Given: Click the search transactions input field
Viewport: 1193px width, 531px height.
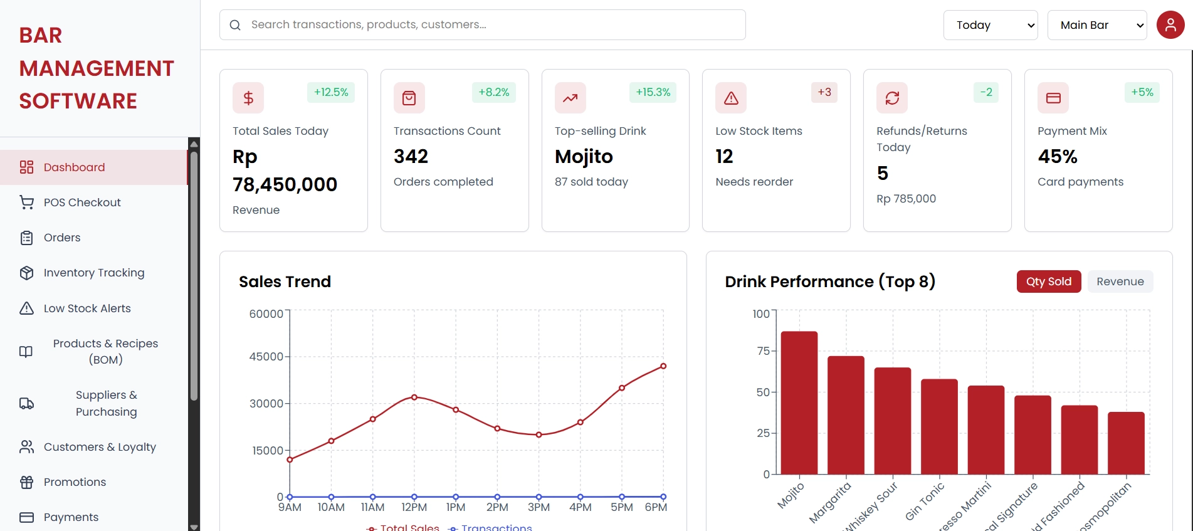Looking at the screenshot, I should (483, 25).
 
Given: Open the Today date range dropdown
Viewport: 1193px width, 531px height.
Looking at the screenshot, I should (990, 25).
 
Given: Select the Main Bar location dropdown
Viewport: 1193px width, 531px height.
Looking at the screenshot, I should (1096, 25).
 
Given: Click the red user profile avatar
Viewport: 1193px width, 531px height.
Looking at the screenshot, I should (1170, 25).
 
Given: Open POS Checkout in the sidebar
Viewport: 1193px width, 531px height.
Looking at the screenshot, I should (81, 202).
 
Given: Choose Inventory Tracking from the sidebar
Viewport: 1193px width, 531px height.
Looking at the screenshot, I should (93, 273).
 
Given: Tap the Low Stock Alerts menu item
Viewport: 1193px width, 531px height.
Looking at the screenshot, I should (87, 308).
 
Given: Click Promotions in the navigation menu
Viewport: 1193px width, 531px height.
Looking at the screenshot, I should (75, 482).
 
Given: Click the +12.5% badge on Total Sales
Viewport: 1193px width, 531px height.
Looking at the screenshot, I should (331, 92).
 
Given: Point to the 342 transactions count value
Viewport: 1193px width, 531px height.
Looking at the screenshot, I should (411, 156).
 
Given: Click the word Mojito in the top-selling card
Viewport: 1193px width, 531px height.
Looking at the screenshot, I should (584, 156).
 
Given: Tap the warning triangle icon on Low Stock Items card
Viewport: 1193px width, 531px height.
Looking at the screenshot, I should (731, 98).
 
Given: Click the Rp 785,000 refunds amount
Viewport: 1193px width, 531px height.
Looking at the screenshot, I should (906, 199).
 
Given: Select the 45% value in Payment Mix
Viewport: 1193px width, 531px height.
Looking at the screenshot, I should (1057, 156).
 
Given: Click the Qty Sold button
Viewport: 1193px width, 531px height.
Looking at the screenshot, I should (1048, 281).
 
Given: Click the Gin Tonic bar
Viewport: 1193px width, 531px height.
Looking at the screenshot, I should (939, 426).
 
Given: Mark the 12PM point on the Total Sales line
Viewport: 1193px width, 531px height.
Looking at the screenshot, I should (414, 397).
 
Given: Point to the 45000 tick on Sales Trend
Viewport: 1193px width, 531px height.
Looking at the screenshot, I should (266, 357).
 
